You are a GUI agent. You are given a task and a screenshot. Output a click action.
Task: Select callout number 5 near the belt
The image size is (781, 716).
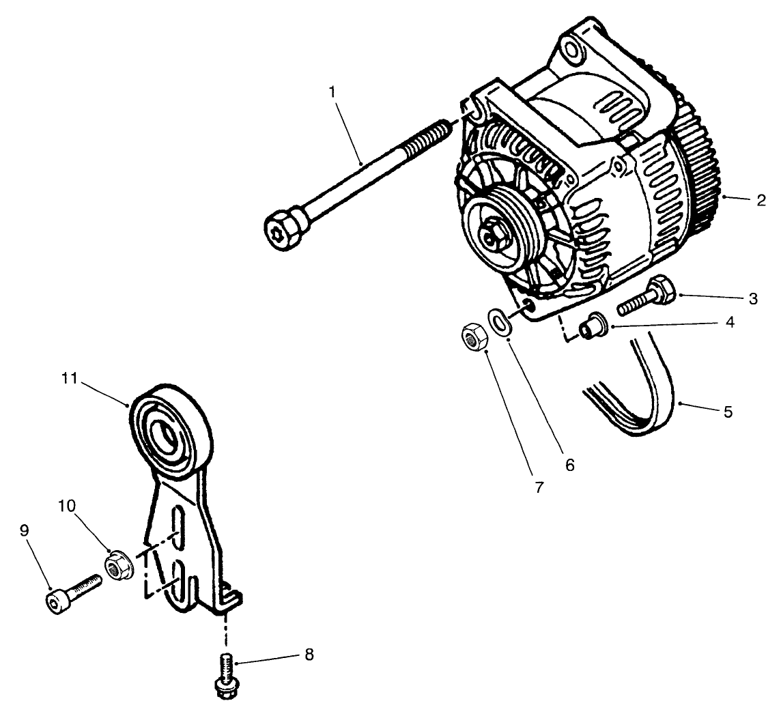pos(728,412)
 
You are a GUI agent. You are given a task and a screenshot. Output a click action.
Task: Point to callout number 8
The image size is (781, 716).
pos(309,654)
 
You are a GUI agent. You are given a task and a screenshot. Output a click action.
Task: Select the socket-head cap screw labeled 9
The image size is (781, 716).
pos(72,591)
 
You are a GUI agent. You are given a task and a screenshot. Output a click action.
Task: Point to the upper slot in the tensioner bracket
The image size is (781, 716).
pos(176,529)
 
